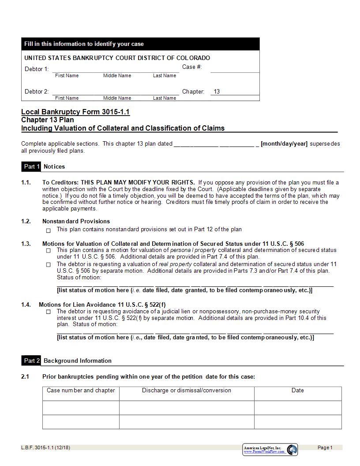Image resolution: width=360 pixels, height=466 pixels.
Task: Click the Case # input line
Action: [235, 68]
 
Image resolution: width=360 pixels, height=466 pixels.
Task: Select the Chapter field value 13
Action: [217, 92]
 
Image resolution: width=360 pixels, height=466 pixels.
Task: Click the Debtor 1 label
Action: [36, 69]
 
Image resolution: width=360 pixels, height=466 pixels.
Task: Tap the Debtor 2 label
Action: [36, 92]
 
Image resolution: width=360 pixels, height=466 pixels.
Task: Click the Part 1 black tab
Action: [31, 166]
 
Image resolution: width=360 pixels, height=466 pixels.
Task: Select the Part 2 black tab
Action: [31, 361]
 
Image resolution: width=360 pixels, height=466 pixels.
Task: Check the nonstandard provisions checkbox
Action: [49, 230]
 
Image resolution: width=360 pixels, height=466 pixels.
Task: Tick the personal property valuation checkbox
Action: [49, 251]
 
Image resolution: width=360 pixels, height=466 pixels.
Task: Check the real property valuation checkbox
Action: [49, 265]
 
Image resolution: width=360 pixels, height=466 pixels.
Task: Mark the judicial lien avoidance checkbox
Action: [49, 312]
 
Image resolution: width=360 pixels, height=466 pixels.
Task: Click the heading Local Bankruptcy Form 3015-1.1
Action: [75, 112]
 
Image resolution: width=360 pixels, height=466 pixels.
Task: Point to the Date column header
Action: [298, 390]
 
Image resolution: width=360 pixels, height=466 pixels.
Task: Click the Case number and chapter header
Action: [81, 390]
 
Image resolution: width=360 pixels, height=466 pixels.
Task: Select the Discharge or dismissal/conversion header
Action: [186, 390]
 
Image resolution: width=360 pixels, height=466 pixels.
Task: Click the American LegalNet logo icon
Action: [292, 450]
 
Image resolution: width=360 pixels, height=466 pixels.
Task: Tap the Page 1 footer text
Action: [325, 447]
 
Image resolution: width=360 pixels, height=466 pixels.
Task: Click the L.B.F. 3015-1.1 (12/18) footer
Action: [45, 447]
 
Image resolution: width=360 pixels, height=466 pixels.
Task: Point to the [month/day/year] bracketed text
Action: [284, 144]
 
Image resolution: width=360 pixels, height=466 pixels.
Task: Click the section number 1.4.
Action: [26, 304]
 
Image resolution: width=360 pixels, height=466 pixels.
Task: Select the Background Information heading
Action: [78, 361]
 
